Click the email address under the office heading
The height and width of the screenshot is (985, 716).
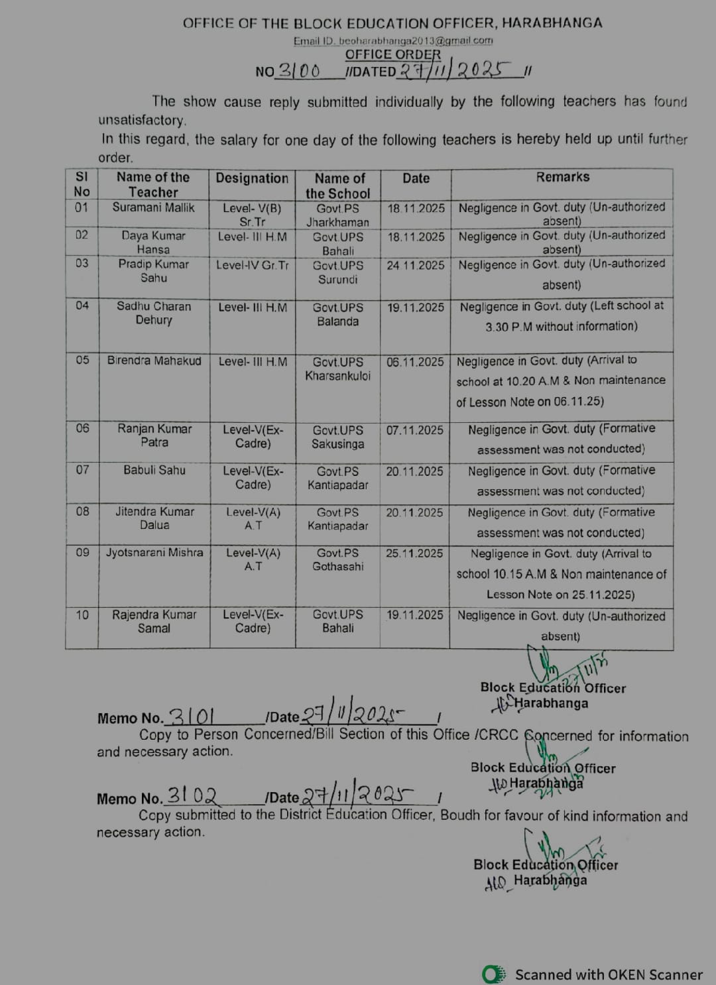393,40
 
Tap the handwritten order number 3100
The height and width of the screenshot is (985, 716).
298,71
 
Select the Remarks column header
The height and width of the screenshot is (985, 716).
562,177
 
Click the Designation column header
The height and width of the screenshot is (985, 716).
252,178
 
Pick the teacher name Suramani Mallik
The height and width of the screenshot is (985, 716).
153,207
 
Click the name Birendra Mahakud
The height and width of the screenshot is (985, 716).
154,361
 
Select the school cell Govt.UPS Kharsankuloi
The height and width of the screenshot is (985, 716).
337,369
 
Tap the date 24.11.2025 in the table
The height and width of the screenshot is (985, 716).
416,265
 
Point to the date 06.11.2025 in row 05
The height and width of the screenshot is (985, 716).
415,362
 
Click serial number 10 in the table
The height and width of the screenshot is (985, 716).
82,615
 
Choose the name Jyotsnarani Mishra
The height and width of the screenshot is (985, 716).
154,553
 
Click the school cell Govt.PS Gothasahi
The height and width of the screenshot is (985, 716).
337,559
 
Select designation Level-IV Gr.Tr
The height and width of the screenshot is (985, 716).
252,265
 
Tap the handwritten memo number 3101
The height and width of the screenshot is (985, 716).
192,717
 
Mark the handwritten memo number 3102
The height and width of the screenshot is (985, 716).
192,795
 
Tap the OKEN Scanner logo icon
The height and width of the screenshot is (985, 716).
493,974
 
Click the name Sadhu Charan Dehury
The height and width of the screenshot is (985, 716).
154,313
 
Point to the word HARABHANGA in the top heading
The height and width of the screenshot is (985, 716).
552,23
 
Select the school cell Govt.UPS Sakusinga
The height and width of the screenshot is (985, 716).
337,437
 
